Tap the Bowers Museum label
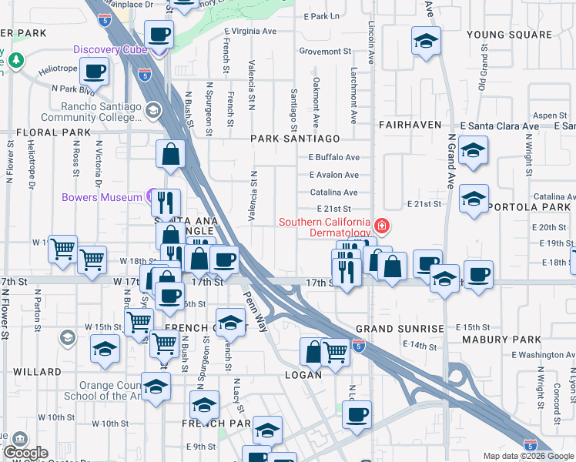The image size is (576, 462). (102, 197)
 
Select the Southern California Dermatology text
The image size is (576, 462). (327, 227)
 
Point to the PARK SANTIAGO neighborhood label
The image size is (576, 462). (295, 139)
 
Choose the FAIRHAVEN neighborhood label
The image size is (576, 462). (409, 124)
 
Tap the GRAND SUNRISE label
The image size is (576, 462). (400, 329)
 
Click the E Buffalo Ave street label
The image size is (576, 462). (334, 157)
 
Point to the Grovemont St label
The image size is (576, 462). (325, 52)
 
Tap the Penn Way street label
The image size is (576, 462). (255, 306)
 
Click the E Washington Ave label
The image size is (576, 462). (542, 355)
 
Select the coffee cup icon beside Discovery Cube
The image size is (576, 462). (159, 34)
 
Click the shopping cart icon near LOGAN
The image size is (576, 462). (336, 354)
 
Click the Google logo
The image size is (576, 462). (25, 453)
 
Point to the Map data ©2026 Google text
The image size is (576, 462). (528, 456)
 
